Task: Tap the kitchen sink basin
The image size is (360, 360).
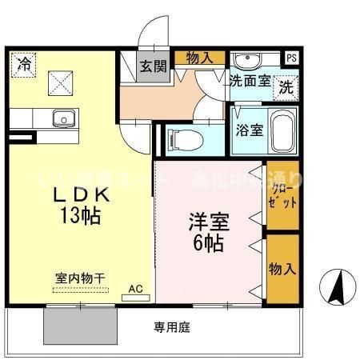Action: click(x=63, y=118)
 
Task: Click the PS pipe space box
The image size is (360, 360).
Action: click(x=291, y=58)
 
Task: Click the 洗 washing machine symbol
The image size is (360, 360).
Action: click(x=285, y=88)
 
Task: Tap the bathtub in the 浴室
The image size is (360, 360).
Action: click(x=281, y=134)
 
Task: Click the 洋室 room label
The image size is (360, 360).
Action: click(x=206, y=219)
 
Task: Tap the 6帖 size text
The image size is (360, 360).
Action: click(x=206, y=242)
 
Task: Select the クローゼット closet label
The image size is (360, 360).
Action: click(x=282, y=195)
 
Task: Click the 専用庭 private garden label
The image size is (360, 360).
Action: click(x=171, y=328)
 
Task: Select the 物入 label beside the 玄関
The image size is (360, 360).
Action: click(x=199, y=57)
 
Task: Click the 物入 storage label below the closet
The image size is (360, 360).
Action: click(x=282, y=268)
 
